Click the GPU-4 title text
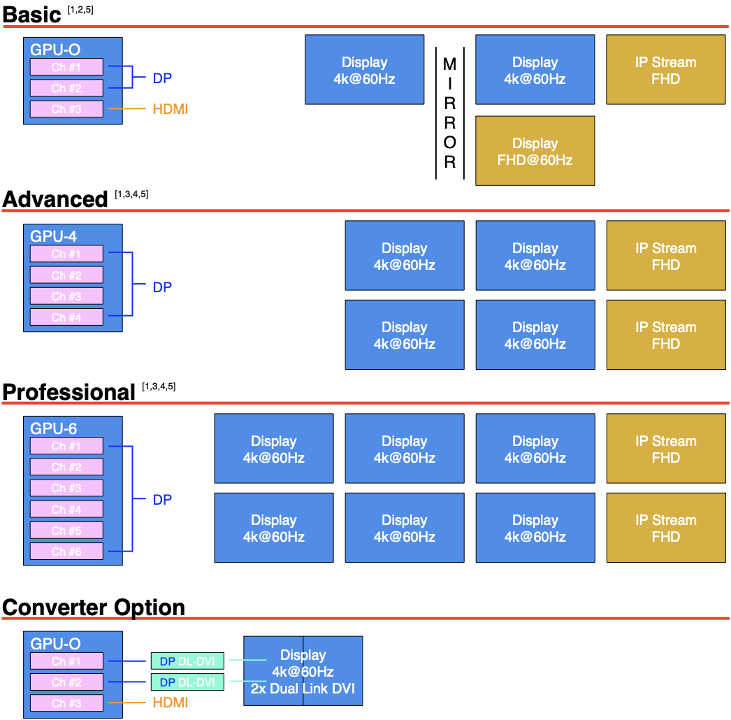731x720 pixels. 53,236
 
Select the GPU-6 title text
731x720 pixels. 53,429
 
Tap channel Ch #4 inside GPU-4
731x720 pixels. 66,317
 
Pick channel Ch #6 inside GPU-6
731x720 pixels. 66,552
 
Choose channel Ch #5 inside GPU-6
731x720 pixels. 66,531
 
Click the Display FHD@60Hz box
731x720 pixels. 535,151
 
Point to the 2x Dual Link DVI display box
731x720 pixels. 303,671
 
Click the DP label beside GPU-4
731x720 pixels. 162,287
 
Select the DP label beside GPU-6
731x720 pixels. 162,499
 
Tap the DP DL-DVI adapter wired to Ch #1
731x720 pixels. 187,661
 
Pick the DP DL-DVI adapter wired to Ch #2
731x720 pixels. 187,682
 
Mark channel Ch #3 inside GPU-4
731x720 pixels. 66,296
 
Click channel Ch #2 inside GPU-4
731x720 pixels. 66,275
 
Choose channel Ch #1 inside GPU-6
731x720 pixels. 66,446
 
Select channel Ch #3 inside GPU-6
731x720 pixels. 66,488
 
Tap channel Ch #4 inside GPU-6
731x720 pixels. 66,509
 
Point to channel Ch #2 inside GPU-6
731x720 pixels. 66,467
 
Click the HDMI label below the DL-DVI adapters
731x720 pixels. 171,703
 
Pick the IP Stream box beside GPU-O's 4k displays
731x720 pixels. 665,70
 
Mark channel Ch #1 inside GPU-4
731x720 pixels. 66,254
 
